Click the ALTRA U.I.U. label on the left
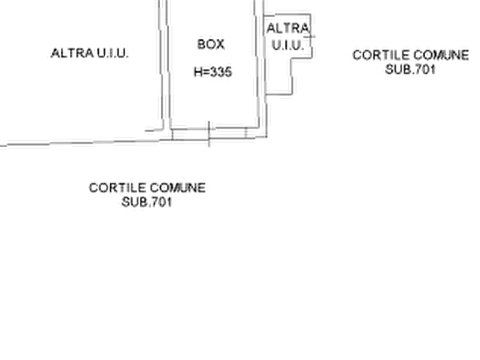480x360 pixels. coord(89,55)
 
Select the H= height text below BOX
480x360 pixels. coord(214,72)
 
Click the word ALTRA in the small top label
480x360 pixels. coord(288,27)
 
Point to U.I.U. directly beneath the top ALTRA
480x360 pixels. coord(289,46)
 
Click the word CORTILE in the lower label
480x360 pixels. coord(118,188)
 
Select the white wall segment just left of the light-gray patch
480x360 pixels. coord(61,144)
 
